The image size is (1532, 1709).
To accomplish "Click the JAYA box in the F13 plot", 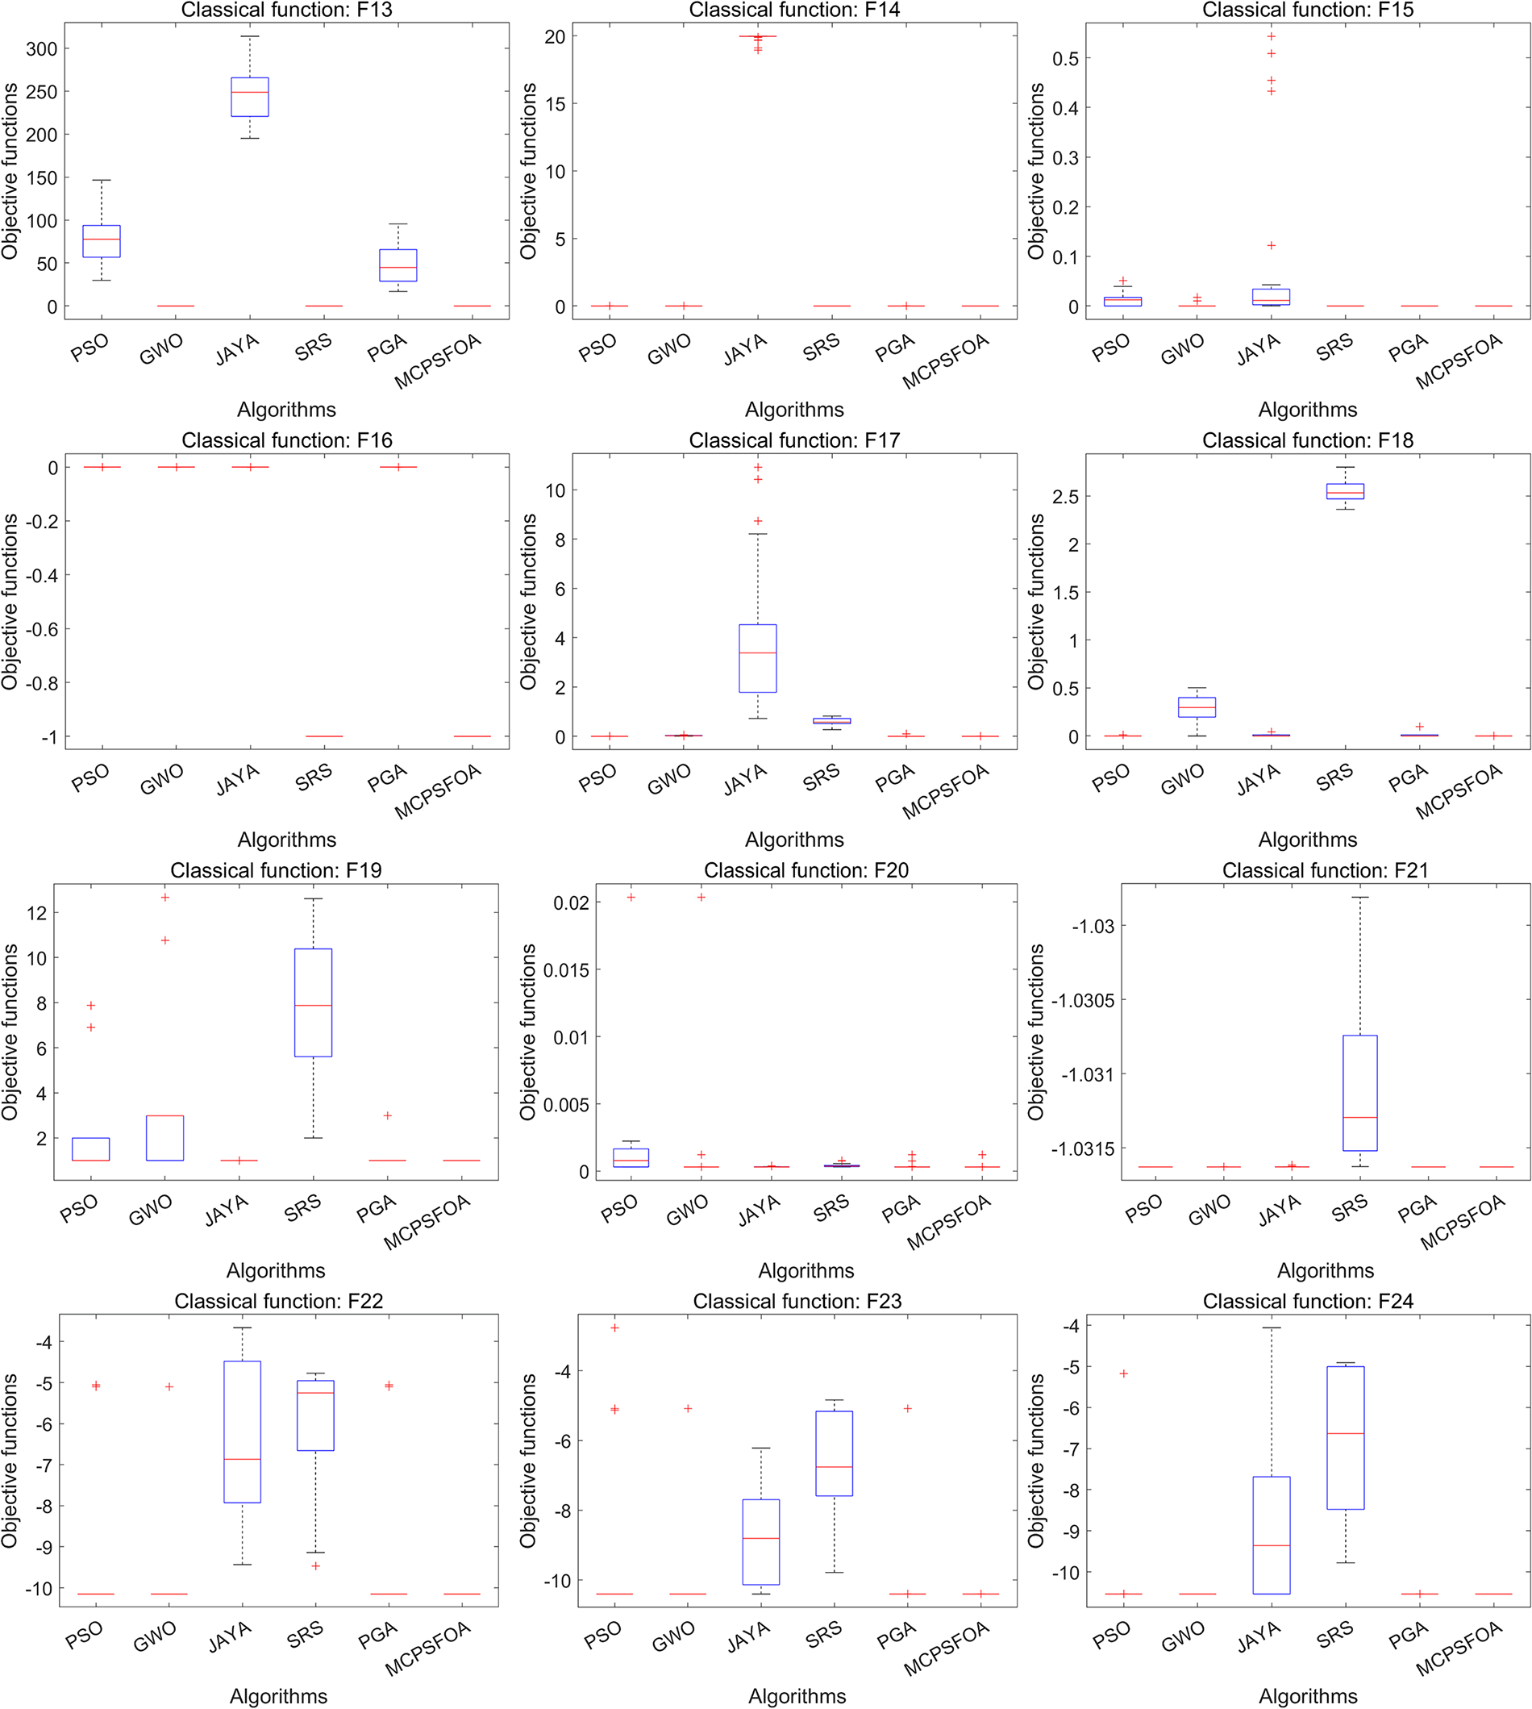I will coord(250,97).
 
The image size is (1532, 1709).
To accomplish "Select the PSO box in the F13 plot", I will coord(101,241).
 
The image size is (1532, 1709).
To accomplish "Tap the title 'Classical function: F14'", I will coord(793,10).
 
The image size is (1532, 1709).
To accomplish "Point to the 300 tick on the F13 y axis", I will coord(42,49).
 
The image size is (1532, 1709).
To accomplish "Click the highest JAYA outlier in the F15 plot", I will coord(1271,36).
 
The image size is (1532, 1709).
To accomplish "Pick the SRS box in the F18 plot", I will coord(1345,492).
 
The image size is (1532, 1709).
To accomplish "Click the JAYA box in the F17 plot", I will coord(758,658).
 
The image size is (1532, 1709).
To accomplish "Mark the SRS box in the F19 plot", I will coord(313,1002).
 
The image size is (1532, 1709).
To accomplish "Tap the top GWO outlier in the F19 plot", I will coord(165,898).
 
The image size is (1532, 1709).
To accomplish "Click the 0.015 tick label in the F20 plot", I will coord(566,970).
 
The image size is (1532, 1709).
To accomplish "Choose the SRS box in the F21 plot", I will coord(1360,1093).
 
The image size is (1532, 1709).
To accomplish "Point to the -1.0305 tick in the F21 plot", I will coord(1083,1000).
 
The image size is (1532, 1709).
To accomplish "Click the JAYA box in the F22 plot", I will coord(243,1432).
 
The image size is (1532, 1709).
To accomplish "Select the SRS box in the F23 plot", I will coord(835,1453).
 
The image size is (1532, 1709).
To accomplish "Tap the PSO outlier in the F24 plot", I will coord(1123,1374).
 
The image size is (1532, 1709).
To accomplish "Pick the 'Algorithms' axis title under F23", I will coord(797,1695).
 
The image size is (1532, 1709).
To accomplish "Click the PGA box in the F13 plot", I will coord(398,265).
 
